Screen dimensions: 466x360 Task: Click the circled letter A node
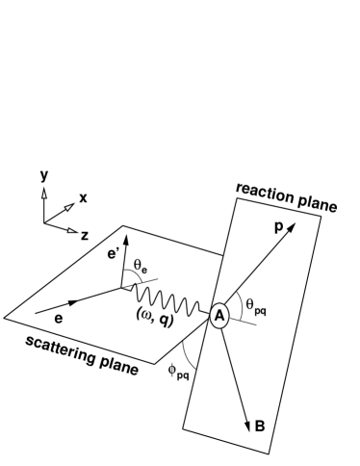coord(219,315)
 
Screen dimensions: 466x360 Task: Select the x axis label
coord(83,197)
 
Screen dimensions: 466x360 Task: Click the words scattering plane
coord(82,354)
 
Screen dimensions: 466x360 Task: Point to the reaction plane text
coord(286,195)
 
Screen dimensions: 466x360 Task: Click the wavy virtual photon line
coord(173,290)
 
